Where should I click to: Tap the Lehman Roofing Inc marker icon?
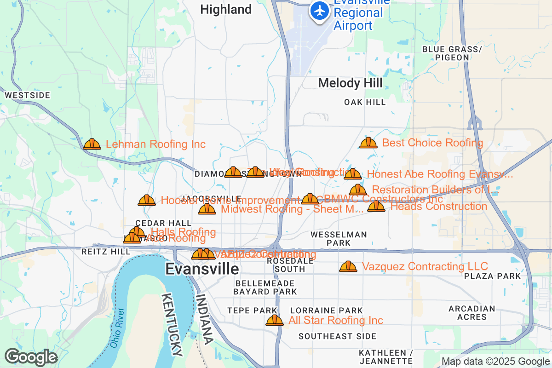(x=92, y=144)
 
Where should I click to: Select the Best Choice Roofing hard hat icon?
(x=368, y=143)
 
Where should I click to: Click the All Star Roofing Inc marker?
(x=275, y=320)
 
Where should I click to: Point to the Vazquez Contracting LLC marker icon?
(x=348, y=266)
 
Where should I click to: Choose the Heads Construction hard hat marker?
(x=376, y=206)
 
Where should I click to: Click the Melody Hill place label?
(x=350, y=83)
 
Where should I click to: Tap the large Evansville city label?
(x=202, y=269)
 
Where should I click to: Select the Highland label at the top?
(x=226, y=9)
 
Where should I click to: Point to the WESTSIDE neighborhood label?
(x=27, y=95)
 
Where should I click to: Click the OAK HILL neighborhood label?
(x=365, y=102)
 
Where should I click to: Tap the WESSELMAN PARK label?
(x=339, y=238)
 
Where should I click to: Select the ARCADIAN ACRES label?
(x=471, y=313)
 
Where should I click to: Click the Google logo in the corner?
(x=31, y=357)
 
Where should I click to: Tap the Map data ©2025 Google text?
(x=495, y=361)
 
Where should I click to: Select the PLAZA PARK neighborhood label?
(x=492, y=276)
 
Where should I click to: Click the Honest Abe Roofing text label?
(x=439, y=174)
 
